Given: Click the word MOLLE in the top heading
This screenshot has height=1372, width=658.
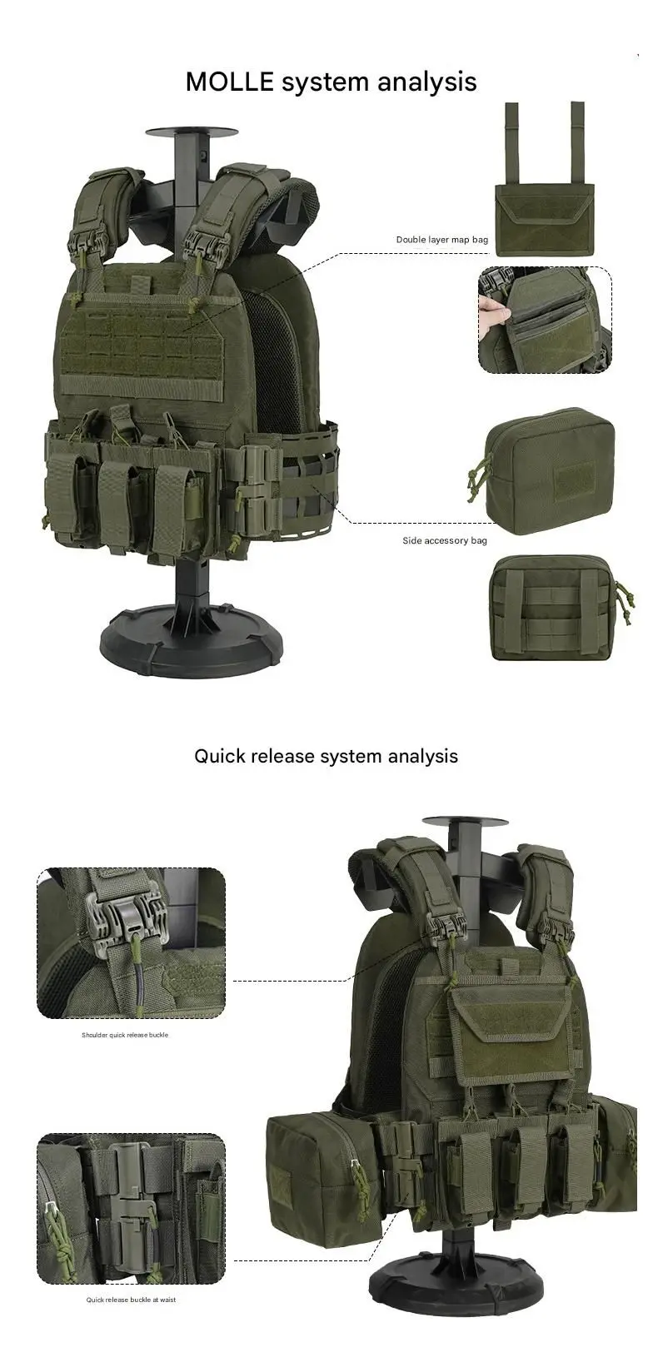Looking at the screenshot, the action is pyautogui.click(x=230, y=82).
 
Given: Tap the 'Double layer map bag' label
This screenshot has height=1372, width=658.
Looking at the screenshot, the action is pyautogui.click(x=441, y=240).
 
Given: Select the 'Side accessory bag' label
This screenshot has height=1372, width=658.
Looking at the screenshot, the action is pyautogui.click(x=445, y=540).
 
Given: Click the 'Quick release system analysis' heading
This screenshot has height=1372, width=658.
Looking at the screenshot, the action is pyautogui.click(x=326, y=756).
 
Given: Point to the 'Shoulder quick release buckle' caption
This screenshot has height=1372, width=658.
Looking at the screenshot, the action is pyautogui.click(x=125, y=1035).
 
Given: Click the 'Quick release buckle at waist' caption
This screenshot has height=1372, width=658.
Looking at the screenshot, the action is pyautogui.click(x=131, y=1300).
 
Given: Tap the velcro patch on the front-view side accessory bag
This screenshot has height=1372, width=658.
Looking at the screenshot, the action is pyautogui.click(x=574, y=479).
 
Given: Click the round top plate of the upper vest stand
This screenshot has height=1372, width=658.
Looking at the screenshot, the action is pyautogui.click(x=191, y=132).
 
